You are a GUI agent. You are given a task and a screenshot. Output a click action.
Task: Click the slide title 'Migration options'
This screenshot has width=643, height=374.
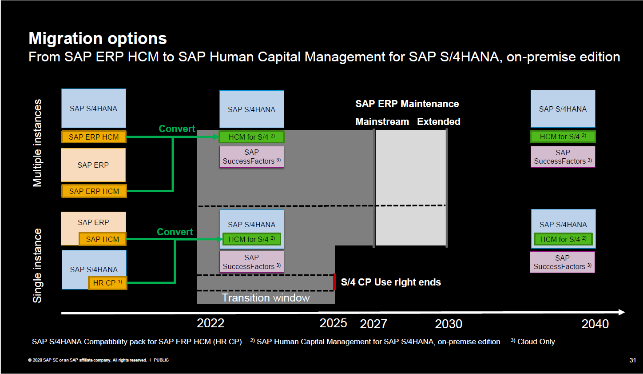click(98, 39)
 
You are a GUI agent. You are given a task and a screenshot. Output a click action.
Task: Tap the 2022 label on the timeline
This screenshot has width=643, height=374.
click(210, 323)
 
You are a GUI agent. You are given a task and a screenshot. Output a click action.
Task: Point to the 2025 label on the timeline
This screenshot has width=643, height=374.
click(333, 323)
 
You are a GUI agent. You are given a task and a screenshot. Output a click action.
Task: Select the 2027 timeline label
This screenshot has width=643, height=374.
click(373, 324)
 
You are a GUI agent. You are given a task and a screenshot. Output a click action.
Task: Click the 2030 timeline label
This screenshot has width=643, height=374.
click(449, 324)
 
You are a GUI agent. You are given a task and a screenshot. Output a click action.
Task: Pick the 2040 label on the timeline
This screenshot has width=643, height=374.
click(595, 324)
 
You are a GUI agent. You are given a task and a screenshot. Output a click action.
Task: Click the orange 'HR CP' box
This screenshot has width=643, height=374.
click(107, 283)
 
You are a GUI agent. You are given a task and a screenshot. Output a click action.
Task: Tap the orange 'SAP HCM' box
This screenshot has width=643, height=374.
click(103, 239)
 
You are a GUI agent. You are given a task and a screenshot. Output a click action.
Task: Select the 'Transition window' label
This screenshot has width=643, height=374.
click(266, 298)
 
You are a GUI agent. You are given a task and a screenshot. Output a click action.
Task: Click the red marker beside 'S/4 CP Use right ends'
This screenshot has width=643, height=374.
click(334, 282)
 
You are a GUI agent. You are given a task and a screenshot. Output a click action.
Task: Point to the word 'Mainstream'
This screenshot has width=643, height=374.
click(382, 122)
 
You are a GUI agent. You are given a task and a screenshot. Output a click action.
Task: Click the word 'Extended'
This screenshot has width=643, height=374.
click(438, 122)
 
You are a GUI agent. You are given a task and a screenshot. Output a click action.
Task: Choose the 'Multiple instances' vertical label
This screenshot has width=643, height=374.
click(38, 143)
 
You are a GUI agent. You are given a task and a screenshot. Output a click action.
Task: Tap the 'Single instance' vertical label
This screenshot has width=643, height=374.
click(38, 265)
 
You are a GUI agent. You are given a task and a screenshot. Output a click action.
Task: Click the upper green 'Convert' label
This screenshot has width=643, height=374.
click(177, 129)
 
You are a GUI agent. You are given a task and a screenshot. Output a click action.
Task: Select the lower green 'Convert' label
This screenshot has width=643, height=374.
click(175, 232)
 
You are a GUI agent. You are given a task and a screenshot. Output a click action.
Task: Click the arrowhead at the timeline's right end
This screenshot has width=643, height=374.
click(621, 312)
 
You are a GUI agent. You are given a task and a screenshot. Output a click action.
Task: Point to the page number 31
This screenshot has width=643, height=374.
click(632, 360)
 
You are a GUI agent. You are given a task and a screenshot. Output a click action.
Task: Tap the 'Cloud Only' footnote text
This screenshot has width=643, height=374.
click(536, 342)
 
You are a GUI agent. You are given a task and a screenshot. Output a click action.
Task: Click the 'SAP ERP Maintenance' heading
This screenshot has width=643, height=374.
click(407, 104)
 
